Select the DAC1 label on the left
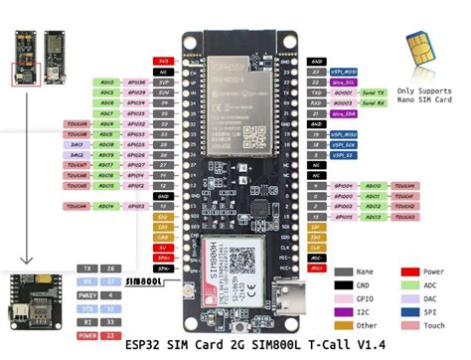pyautogui.click(x=77, y=143)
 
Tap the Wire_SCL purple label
pyautogui.click(x=345, y=83)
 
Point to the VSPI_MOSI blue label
pyautogui.click(x=345, y=72)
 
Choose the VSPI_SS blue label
pyautogui.click(x=344, y=155)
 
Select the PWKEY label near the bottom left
pyautogui.click(x=87, y=294)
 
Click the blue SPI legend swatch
pyautogui.click(x=407, y=310)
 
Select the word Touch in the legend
pyautogui.click(x=436, y=324)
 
